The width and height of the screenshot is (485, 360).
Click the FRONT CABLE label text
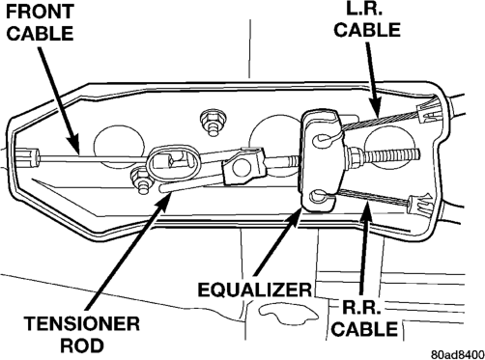point(40,23)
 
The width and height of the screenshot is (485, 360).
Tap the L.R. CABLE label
point(367,20)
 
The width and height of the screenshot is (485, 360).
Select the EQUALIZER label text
point(254,290)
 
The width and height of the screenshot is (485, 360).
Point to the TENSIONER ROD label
point(82,334)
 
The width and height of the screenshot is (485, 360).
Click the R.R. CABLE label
point(364,318)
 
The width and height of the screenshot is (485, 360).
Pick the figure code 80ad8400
point(457,354)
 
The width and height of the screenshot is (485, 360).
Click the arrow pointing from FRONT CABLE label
point(59,100)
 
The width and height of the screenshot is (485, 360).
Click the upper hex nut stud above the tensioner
point(212,122)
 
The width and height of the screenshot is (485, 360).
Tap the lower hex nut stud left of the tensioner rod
point(140,181)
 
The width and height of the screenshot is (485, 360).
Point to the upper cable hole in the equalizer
point(321,140)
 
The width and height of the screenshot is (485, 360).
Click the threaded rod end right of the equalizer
point(386,155)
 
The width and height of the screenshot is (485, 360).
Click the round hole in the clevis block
point(242,167)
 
